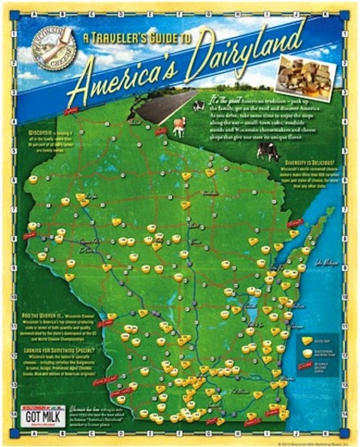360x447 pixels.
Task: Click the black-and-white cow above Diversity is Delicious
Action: [267, 151]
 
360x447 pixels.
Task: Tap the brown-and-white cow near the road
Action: [179, 126]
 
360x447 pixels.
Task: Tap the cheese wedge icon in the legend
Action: [307, 341]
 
